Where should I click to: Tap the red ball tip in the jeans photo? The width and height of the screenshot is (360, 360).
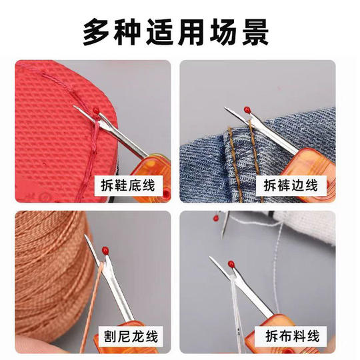[247, 109]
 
